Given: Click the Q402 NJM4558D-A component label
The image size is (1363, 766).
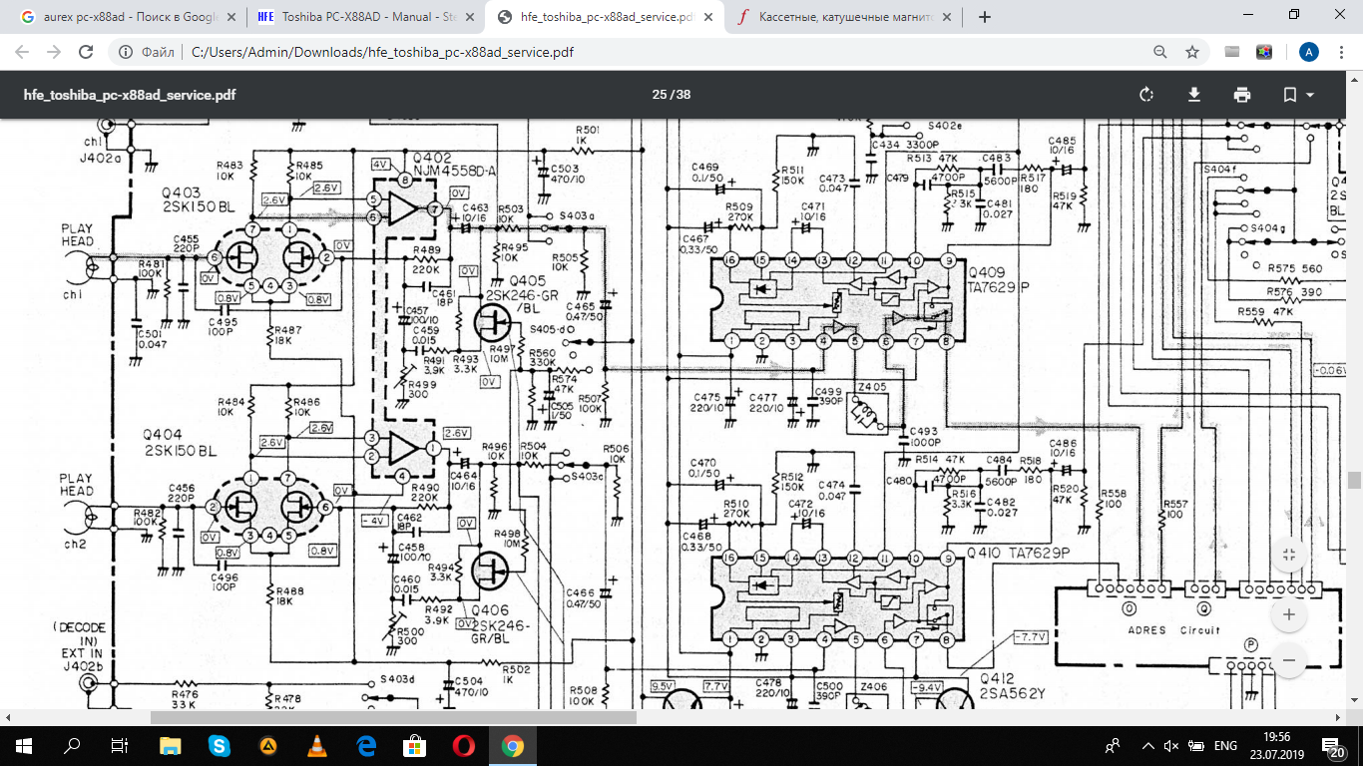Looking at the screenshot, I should point(446,165).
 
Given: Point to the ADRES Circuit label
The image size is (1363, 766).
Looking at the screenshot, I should point(1172,629).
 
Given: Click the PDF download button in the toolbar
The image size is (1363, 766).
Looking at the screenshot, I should point(1193,95).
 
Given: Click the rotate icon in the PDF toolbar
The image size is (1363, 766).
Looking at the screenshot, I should point(1145,95).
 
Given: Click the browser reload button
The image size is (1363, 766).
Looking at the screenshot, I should point(86,52).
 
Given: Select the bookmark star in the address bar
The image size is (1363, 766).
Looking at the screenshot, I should point(1191,52).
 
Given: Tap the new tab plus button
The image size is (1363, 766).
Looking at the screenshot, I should point(985,17).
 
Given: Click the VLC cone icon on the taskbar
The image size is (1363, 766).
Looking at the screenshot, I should point(316,745).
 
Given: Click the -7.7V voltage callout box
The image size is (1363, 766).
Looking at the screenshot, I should point(1029,635).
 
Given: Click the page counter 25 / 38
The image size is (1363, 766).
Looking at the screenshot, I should point(671,95).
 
